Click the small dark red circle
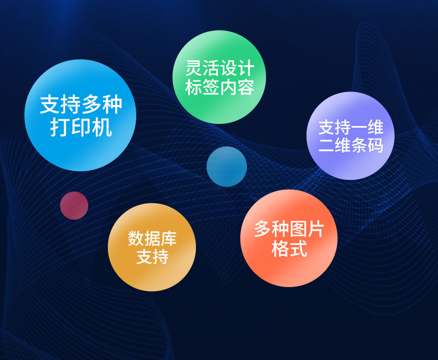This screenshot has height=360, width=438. (x=74, y=205)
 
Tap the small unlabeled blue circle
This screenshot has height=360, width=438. (x=227, y=167)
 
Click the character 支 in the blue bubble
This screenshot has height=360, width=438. (x=50, y=105)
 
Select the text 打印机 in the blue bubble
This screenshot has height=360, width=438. (x=81, y=127)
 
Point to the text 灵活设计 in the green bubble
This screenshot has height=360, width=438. (x=220, y=70)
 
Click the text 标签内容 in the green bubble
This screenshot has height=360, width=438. (x=220, y=89)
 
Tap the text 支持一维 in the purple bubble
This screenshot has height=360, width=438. (x=351, y=128)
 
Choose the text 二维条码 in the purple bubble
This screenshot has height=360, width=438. (x=351, y=146)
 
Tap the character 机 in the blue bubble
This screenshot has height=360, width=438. (x=102, y=127)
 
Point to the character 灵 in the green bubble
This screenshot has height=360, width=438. (x=194, y=70)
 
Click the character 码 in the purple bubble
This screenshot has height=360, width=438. (x=376, y=146)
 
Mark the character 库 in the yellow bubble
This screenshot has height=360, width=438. (x=170, y=238)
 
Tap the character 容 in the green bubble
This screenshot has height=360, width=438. (x=246, y=89)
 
